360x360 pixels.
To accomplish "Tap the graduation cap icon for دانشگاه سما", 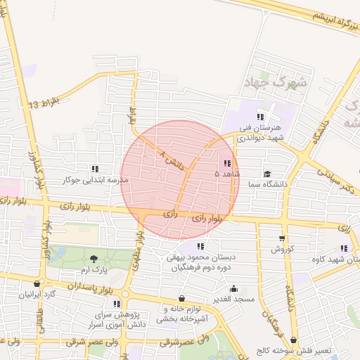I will point(267,174).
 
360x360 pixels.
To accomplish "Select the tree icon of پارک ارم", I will point(94,259).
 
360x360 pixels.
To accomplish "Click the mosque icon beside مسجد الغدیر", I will point(233,288).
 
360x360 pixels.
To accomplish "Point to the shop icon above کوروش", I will point(282,239).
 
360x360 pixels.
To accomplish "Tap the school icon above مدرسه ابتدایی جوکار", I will point(95,169).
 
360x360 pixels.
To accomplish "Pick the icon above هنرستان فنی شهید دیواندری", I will point(261,117).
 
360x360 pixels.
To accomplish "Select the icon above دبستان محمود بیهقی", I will point(200,246).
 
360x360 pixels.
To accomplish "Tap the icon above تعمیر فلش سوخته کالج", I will point(293,340).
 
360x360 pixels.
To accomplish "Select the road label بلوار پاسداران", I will point(89,287).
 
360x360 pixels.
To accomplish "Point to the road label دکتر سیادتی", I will point(336,179).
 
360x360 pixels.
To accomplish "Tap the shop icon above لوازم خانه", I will point(182,298).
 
